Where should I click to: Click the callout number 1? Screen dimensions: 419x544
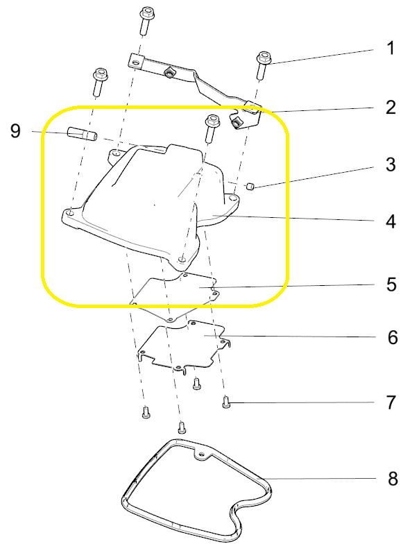391,49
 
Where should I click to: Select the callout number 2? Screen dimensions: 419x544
391,107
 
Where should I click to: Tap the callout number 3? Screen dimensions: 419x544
391,164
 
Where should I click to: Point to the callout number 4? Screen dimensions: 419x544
391,221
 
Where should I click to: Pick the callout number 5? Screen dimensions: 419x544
391,284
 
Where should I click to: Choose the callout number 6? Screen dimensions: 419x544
393,337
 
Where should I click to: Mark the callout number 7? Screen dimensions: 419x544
391,402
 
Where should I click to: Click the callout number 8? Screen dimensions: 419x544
393,479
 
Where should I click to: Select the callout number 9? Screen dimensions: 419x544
15,131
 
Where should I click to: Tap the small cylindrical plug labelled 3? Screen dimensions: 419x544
250,186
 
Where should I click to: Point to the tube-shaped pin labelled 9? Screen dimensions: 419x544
82,134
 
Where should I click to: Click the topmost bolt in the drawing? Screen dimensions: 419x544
146,22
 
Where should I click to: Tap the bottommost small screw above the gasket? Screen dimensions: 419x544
182,427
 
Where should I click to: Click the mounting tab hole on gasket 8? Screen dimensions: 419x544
202,454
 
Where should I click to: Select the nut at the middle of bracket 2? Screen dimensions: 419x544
169,73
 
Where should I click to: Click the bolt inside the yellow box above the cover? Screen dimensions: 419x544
211,128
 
